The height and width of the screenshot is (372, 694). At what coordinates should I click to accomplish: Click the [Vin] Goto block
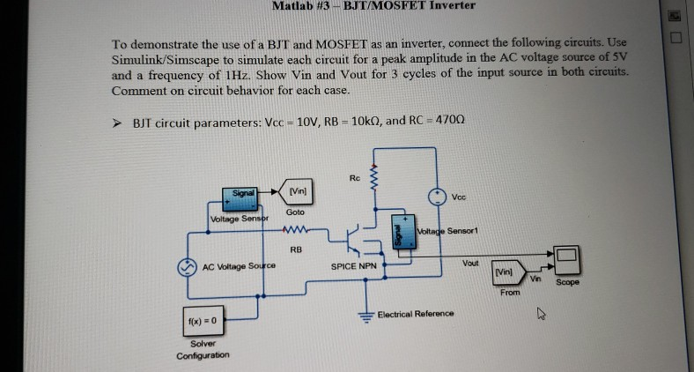[297, 192]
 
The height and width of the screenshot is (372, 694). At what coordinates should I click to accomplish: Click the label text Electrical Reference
[416, 314]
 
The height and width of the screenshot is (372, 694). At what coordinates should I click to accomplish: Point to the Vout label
[470, 263]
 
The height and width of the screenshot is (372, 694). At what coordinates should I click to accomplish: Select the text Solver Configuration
[203, 349]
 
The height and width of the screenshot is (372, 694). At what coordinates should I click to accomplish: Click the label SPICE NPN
[353, 265]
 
